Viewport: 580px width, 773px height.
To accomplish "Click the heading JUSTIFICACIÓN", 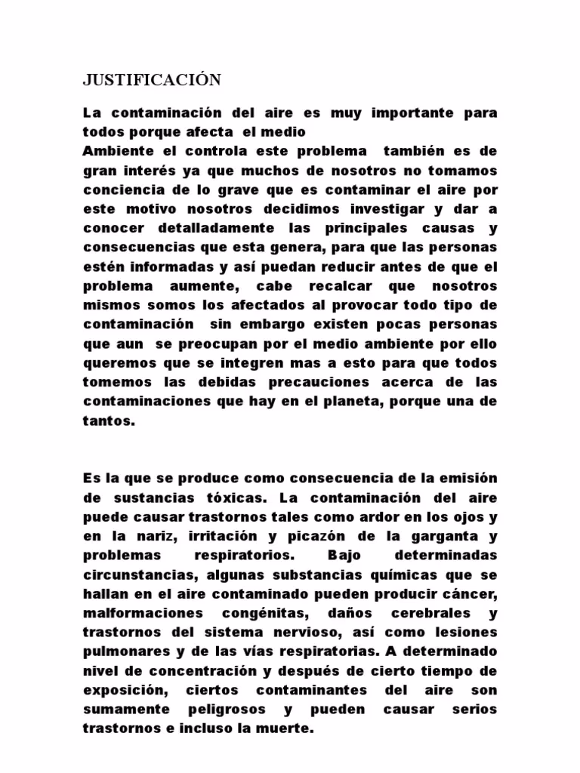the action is click(151, 80).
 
